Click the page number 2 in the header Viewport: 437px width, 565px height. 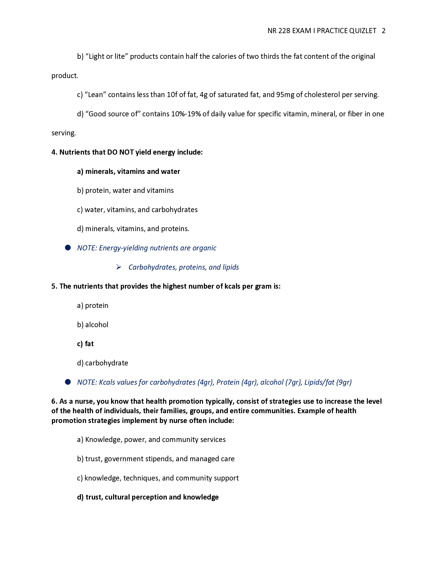point(384,31)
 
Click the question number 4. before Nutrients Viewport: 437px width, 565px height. point(54,152)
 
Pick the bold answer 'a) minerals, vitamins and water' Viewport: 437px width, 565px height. point(129,171)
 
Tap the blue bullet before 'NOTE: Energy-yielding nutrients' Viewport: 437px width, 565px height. point(68,248)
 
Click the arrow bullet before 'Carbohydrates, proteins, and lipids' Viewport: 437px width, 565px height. point(119,267)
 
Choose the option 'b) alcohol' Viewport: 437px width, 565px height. point(93,325)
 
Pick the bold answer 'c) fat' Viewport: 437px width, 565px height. point(85,344)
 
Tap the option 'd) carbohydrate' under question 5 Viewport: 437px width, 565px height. point(103,363)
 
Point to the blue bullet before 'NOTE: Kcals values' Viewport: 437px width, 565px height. point(68,382)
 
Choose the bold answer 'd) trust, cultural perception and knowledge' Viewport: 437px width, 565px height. point(148,497)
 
